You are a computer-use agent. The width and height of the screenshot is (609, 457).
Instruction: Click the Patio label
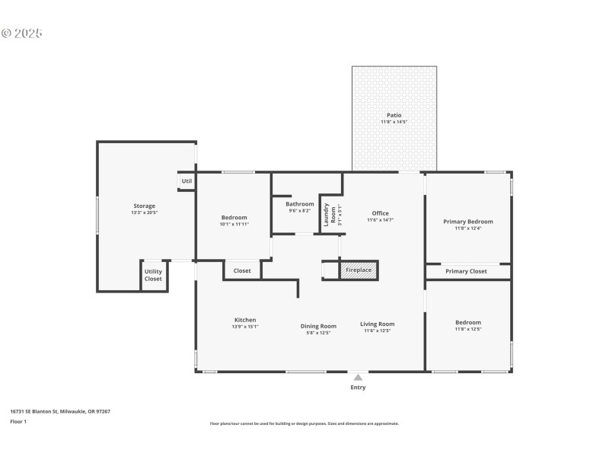(394, 115)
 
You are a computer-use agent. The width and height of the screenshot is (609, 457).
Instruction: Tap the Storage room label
(144, 206)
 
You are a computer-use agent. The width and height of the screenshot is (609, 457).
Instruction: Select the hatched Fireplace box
(358, 270)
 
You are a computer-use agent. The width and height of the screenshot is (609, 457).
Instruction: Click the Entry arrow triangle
(358, 376)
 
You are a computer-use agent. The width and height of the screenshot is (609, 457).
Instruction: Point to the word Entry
(358, 388)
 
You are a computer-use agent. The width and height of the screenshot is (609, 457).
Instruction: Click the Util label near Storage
(187, 181)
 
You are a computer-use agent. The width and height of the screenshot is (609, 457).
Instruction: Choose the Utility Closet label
(153, 275)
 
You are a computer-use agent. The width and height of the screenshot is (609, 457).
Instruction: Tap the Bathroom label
(300, 204)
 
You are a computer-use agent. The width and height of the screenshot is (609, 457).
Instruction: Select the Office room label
(380, 213)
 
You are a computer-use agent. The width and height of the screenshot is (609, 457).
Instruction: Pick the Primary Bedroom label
(468, 222)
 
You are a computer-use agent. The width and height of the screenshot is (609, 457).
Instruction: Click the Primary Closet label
(466, 271)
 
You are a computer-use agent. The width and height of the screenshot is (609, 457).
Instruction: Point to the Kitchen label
(245, 320)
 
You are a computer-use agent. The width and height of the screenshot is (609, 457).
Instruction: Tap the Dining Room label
(318, 325)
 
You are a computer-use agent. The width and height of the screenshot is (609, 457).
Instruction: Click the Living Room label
(377, 324)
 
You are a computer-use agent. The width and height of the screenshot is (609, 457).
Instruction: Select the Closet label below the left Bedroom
(242, 270)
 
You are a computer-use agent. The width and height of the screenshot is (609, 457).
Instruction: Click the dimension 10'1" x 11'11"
(234, 224)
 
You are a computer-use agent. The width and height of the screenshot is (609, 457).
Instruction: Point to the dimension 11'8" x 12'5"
(468, 330)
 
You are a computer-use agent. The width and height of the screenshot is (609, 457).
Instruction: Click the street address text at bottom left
(60, 411)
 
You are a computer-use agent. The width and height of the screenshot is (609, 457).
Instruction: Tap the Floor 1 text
(18, 421)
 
